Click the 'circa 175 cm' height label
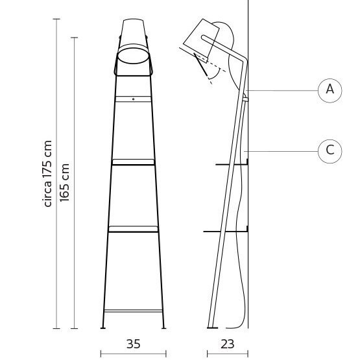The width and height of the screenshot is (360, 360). pos(47,174)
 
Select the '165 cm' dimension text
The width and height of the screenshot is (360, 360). pos(65,182)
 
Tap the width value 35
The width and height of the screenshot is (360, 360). pos(133,344)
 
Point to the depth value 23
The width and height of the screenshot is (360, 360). pos(227,344)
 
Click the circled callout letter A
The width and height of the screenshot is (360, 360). pos(330,90)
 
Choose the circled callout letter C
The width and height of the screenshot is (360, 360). pos(330,150)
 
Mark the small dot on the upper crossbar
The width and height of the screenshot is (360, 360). pos(134,99)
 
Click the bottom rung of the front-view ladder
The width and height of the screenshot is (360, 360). pos(134,311)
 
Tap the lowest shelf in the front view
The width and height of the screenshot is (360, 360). pos(134,228)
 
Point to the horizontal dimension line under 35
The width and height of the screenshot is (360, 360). pos(134,354)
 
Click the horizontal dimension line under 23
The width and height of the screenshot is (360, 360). pos(227,354)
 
